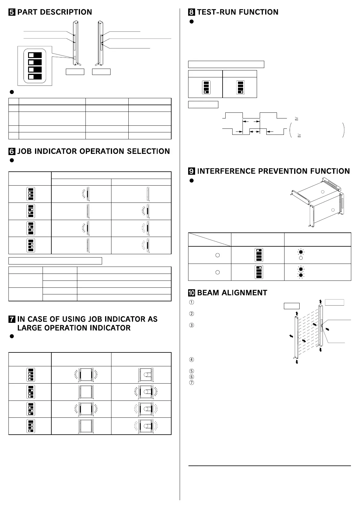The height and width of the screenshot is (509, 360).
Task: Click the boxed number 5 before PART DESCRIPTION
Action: [12, 12]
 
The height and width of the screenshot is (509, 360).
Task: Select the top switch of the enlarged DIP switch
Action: [35, 55]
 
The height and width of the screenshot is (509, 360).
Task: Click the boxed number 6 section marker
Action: [12, 151]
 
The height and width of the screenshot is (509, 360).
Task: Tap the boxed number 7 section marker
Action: [12, 319]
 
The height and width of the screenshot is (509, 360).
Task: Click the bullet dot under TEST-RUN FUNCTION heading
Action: [191, 22]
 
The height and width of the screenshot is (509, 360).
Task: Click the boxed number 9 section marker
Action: [191, 171]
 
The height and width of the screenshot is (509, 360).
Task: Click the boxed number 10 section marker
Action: [191, 293]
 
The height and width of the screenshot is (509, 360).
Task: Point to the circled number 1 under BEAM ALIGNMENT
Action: [191, 302]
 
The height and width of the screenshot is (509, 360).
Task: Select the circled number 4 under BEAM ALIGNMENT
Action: [191, 360]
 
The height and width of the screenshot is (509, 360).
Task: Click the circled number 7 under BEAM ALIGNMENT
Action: [191, 383]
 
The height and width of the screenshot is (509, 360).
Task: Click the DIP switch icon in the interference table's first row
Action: [259, 255]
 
